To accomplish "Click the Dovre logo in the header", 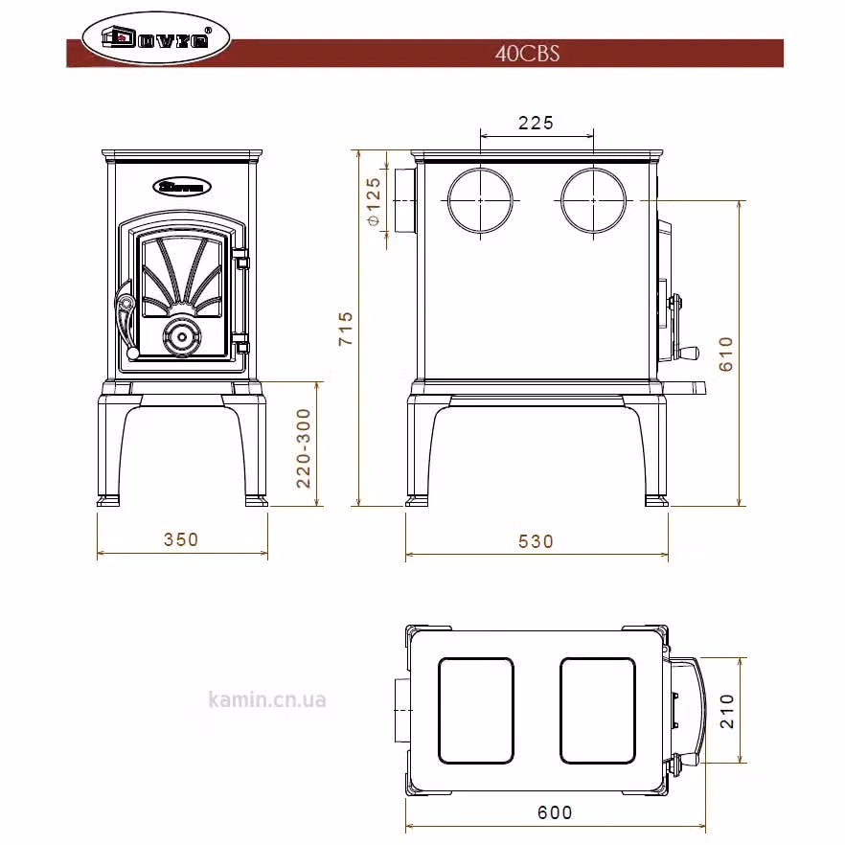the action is [156, 38].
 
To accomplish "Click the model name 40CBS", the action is [527, 54].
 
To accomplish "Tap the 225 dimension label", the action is [536, 123].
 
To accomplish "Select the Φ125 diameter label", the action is [374, 201].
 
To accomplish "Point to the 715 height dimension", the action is [346, 329].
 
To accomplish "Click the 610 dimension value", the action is [726, 354].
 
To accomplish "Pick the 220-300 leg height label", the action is [304, 448].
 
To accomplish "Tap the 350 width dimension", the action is [181, 539].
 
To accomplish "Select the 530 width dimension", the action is [536, 541].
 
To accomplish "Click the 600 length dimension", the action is [555, 812].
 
